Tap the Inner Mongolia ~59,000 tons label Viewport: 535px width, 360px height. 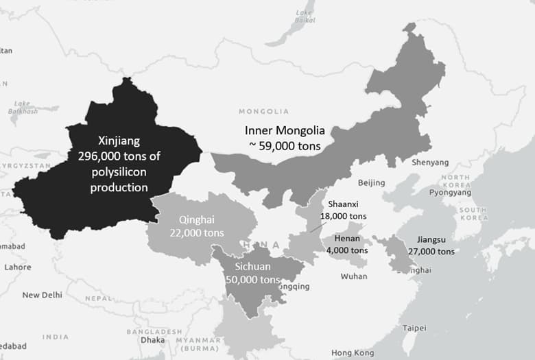click(x=284, y=137)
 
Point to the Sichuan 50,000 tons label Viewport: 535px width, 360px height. click(x=252, y=273)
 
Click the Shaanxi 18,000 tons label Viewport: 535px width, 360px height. click(x=343, y=209)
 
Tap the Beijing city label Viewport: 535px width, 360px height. click(x=371, y=183)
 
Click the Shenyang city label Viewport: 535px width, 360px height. click(x=430, y=163)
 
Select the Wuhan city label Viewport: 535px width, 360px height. click(x=354, y=276)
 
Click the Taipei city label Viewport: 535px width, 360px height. click(x=414, y=328)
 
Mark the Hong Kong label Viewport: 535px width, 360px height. click(x=353, y=352)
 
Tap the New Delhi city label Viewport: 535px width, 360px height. click(x=42, y=295)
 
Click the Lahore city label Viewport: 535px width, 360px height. click(x=18, y=267)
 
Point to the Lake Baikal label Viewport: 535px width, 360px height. click(x=305, y=16)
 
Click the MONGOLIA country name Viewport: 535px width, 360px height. click(x=263, y=111)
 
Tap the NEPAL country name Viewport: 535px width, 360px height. click(x=98, y=299)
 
